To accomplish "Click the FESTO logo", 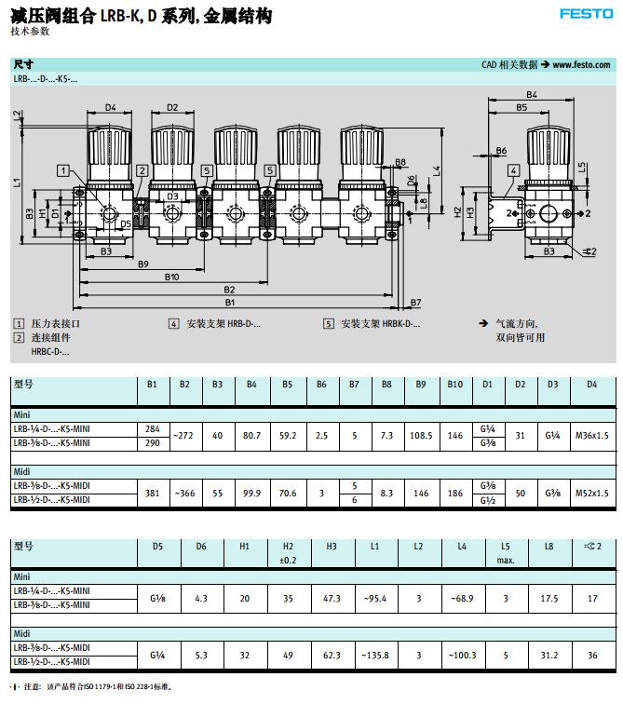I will [x=585, y=14].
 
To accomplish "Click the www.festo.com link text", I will [x=582, y=65].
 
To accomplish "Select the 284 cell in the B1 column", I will [x=152, y=429].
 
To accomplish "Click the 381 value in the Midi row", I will [x=152, y=493].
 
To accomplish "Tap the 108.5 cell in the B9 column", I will [x=421, y=436].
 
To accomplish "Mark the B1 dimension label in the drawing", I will [x=229, y=302].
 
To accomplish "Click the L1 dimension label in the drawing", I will [x=17, y=183].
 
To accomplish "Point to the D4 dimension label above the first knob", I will [x=110, y=108].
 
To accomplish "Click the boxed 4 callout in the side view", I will [x=513, y=171].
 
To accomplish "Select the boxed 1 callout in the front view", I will [x=61, y=169].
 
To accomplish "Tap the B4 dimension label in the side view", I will [x=532, y=95].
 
